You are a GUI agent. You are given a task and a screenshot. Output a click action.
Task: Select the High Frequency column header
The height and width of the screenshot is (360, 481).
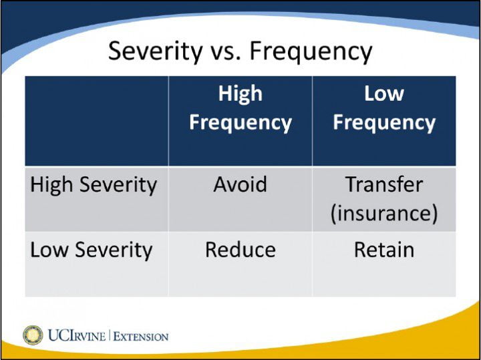tap(240, 108)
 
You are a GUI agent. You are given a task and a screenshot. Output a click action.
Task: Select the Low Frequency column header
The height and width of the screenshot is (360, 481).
tap(384, 108)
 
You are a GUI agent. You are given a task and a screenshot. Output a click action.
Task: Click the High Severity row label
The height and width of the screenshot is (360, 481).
tap(93, 184)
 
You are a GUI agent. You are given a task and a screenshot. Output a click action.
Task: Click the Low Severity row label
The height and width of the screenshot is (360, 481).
tap(92, 250)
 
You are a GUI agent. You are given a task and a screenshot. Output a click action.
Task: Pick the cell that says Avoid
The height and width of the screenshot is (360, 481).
tap(240, 184)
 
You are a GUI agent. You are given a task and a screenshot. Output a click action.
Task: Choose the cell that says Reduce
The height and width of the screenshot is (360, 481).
tap(240, 250)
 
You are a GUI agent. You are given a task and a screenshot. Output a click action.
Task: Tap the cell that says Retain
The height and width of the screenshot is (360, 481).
tap(384, 250)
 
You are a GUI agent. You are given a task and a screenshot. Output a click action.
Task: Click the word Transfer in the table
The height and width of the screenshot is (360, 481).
tap(384, 184)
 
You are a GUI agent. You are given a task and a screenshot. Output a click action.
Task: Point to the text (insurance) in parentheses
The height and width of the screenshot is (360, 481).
tap(384, 213)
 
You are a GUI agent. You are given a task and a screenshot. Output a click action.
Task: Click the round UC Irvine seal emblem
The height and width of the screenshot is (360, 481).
tap(33, 335)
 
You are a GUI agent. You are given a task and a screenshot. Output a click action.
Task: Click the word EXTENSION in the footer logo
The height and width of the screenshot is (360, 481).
tap(141, 336)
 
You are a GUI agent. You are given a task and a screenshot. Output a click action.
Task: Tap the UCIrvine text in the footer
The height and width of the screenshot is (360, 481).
tap(76, 335)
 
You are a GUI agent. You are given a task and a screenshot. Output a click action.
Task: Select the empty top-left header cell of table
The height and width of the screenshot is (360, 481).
tap(96, 121)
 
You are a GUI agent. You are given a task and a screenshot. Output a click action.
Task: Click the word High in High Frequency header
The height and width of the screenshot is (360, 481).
tap(240, 94)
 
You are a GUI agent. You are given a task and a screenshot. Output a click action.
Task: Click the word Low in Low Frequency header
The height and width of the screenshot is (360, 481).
tap(384, 94)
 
